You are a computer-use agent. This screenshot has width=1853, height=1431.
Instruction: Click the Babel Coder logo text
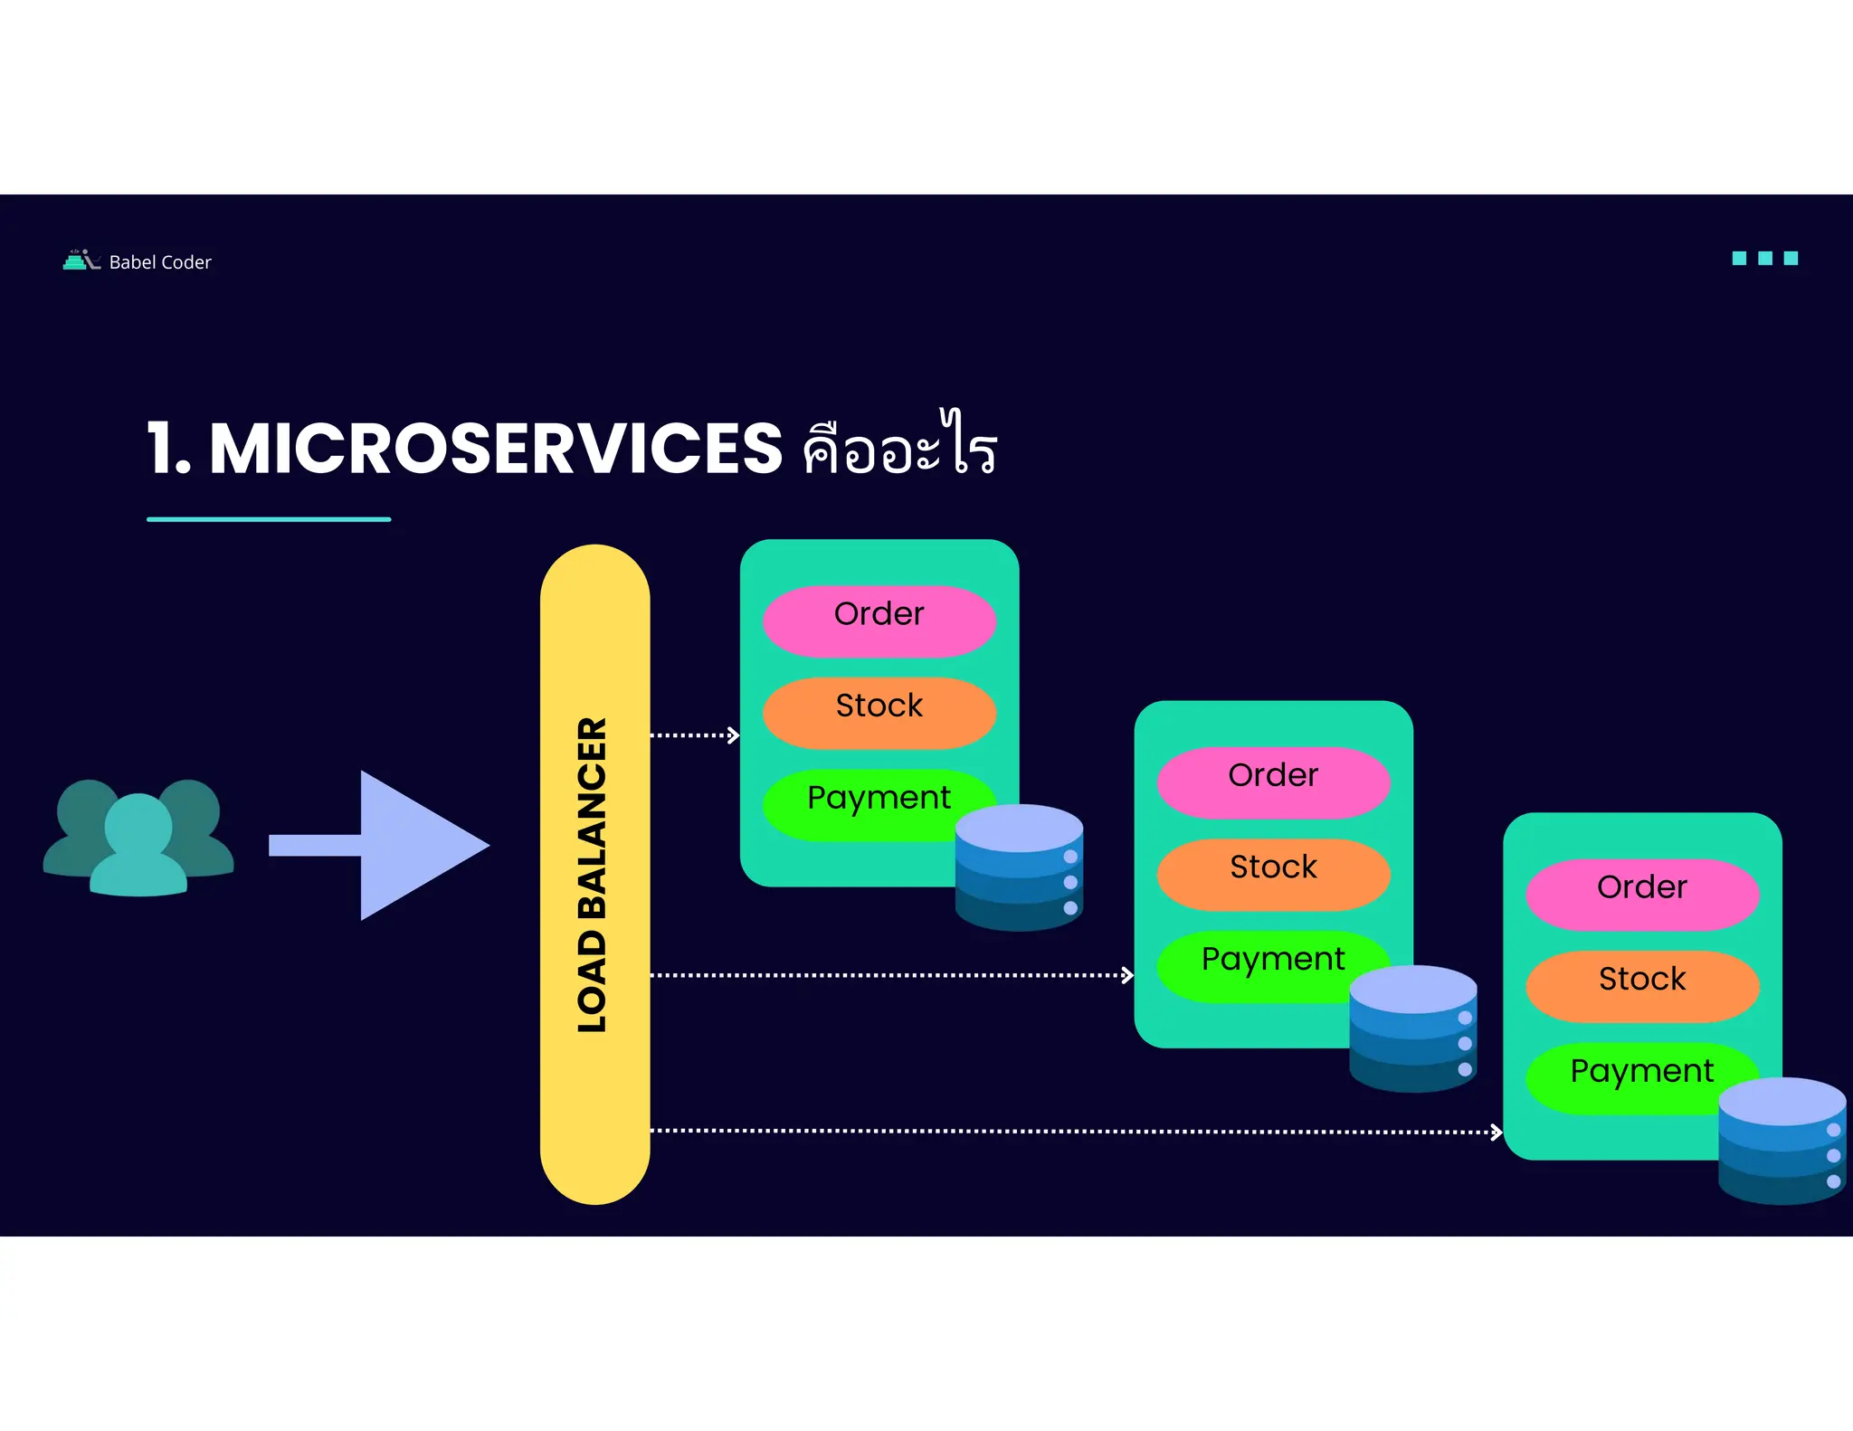[x=159, y=262]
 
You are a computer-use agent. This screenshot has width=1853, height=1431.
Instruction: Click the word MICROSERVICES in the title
[x=496, y=449]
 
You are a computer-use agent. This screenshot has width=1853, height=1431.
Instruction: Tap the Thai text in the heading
[x=899, y=447]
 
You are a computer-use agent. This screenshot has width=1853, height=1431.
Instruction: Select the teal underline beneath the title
[x=269, y=519]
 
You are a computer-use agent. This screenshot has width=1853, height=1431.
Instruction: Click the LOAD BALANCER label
[x=594, y=875]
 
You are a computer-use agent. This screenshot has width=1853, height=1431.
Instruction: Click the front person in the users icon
[x=138, y=847]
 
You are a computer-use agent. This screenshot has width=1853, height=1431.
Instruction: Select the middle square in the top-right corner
[x=1764, y=259]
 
